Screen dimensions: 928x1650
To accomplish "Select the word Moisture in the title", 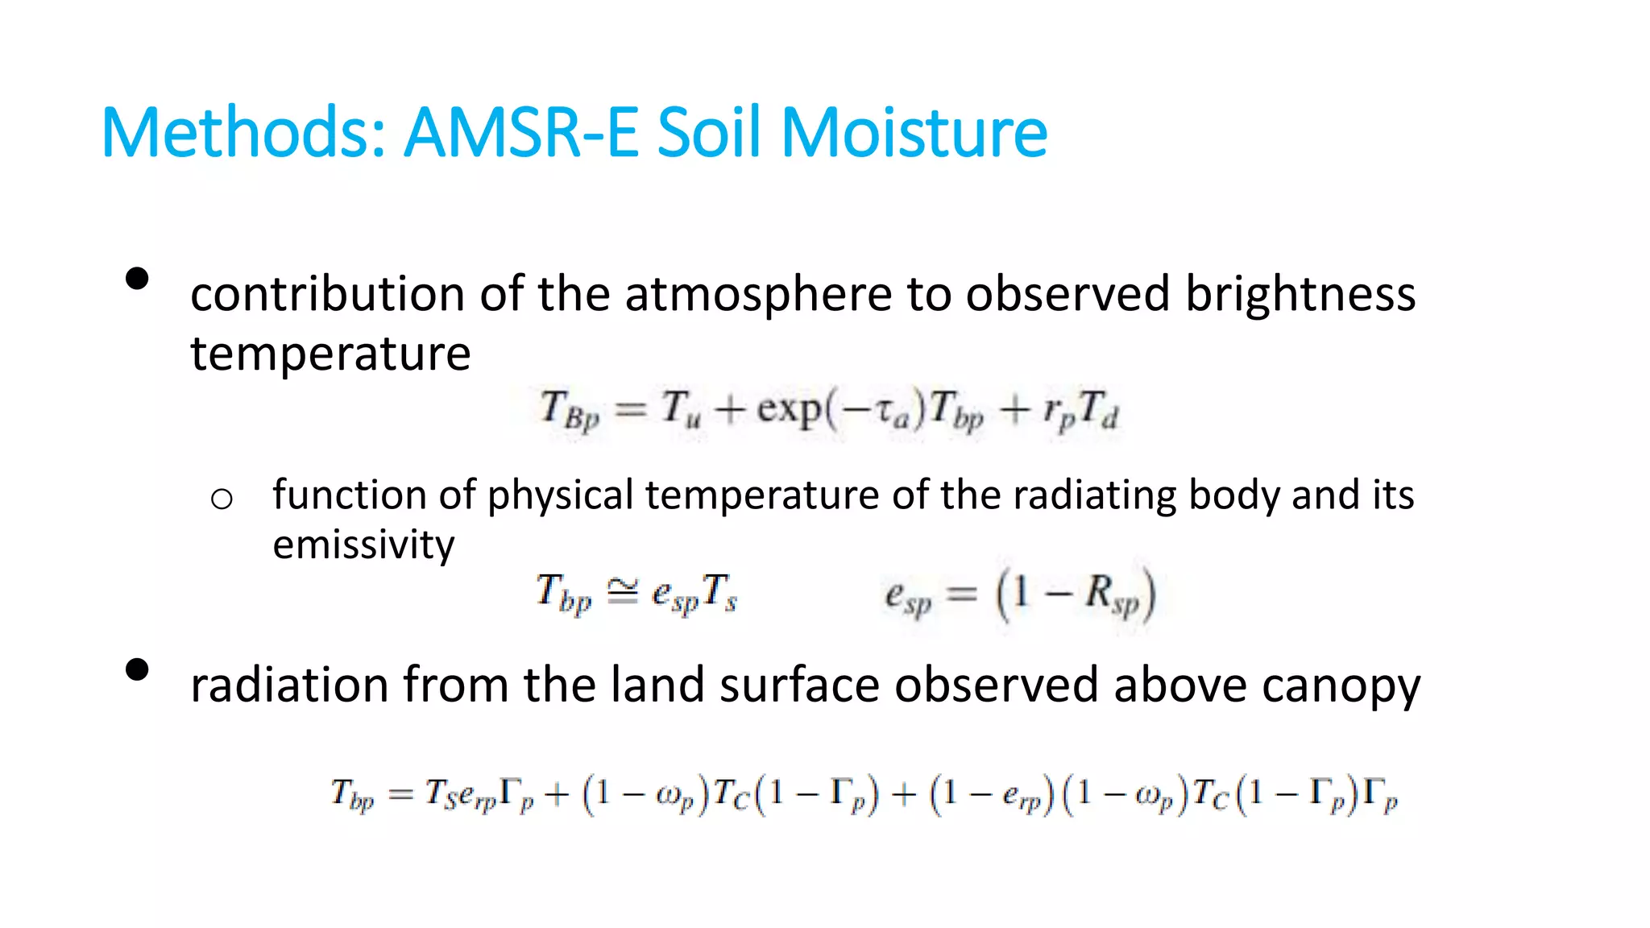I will click(x=914, y=132).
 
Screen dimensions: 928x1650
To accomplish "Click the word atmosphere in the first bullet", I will click(x=757, y=293).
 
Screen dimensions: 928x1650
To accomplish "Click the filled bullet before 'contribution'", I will click(x=138, y=279).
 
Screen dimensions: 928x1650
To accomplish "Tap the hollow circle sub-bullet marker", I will click(x=222, y=499).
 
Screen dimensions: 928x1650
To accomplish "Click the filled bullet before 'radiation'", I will click(x=138, y=670).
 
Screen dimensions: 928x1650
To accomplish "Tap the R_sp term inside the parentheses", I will click(x=1112, y=594).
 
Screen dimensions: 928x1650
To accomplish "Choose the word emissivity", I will click(x=363, y=545).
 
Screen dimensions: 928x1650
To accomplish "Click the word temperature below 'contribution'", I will click(x=330, y=354).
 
